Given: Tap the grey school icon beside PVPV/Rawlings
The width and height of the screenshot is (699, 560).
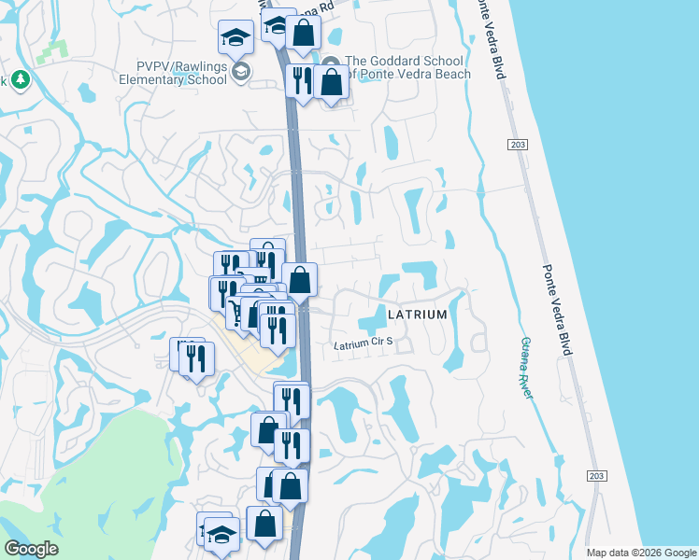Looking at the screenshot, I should tap(241, 72).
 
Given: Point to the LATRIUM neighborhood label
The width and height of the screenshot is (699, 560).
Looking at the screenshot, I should tap(417, 315).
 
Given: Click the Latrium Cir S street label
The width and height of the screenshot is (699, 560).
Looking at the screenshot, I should tap(364, 343).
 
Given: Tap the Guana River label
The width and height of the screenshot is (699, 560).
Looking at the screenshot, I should tap(527, 368).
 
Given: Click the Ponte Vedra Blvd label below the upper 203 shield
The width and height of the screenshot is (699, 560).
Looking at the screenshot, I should tap(557, 308).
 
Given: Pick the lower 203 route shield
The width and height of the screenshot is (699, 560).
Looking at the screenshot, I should tap(596, 476).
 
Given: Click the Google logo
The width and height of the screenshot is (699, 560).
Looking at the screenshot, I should tap(31, 549).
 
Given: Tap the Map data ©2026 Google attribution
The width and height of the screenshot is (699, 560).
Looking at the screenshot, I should tap(641, 553).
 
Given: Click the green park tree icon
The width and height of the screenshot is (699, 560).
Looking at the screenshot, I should tap(19, 80).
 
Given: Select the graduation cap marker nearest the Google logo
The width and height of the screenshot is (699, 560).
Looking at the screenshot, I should tap(221, 535).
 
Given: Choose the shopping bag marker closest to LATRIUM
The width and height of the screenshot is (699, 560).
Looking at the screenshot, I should tap(300, 279).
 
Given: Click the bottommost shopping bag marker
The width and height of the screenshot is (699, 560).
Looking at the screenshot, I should tap(264, 523).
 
